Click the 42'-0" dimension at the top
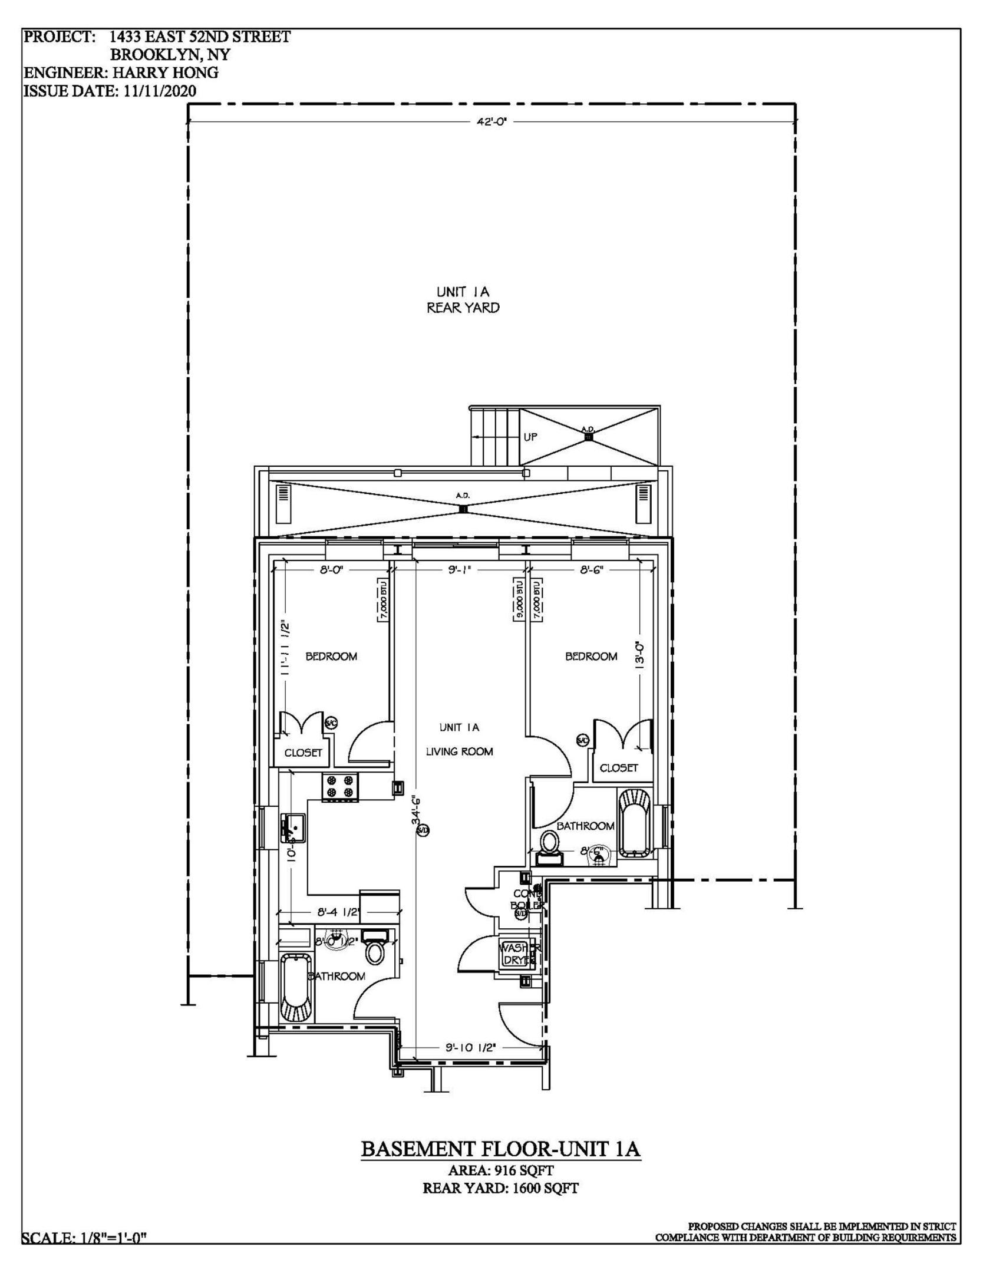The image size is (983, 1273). pos(491,121)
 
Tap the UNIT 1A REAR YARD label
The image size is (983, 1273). pos(463,299)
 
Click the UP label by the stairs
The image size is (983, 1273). pos(530,438)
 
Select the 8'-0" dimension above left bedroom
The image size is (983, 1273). pos(331,570)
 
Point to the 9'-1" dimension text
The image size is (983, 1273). pos(460,570)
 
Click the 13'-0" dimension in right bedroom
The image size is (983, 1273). pos(641,654)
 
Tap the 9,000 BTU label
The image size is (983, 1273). pos(520,599)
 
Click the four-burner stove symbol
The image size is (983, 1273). pos(341,787)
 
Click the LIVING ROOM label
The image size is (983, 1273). pos(459,751)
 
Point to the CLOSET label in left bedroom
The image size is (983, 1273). pos(304,753)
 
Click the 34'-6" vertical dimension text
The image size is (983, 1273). pos(416,810)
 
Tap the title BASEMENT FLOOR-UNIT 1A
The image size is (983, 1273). pos(500,1149)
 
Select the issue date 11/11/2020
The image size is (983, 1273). pos(160,91)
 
